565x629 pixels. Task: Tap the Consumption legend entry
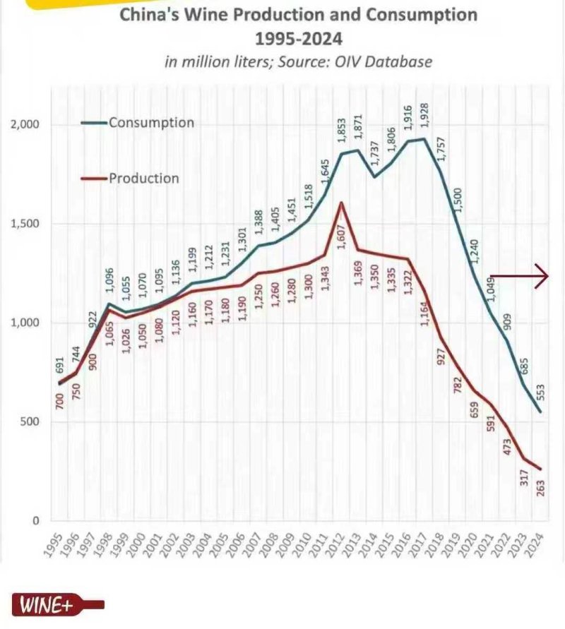click(150, 123)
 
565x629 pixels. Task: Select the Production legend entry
click(144, 178)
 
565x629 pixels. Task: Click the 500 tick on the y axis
click(35, 422)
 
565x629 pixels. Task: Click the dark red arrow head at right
click(542, 276)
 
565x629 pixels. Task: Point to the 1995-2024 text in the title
click(297, 37)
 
